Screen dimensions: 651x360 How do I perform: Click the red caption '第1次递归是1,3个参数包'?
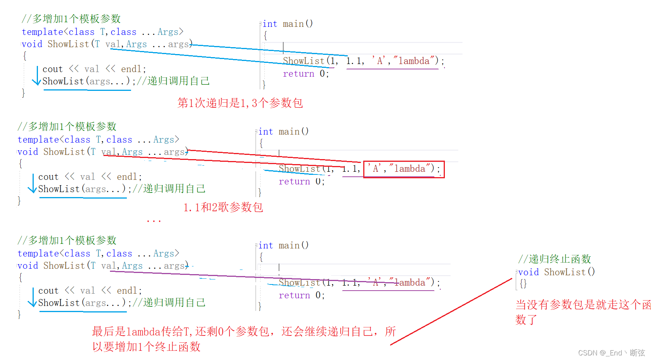coord(240,103)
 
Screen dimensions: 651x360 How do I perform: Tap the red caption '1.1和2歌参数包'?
coord(223,207)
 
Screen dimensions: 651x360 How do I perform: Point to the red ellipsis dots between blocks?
coord(154,221)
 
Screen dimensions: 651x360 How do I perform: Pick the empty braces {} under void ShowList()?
coord(523,284)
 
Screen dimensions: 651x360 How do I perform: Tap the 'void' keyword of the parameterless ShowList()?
coord(528,272)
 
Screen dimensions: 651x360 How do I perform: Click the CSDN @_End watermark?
coord(611,353)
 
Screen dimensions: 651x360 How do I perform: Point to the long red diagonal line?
coord(451,312)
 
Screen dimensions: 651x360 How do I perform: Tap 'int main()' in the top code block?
coord(287,24)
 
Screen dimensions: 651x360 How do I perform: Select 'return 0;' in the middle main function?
coord(302,181)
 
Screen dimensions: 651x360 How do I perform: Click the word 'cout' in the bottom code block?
coord(48,291)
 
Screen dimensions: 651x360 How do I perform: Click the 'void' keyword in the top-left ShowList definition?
coord(32,44)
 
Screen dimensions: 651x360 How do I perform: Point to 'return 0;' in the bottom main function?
coord(302,295)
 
